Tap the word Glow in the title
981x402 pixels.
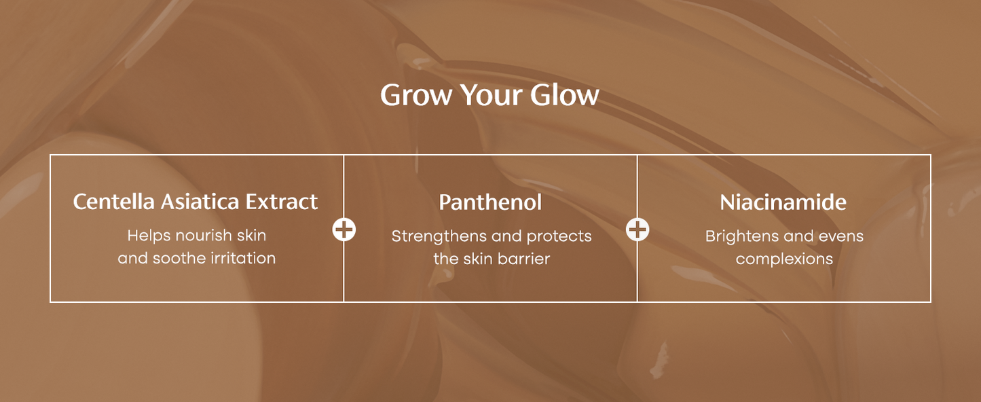565,95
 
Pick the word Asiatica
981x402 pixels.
200,202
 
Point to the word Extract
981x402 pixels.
282,202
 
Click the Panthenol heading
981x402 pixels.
490,202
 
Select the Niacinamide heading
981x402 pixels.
783,202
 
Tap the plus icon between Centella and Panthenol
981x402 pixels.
344,230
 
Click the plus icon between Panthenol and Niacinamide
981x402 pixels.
637,230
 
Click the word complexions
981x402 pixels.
784,259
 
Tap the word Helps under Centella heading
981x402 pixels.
149,236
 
